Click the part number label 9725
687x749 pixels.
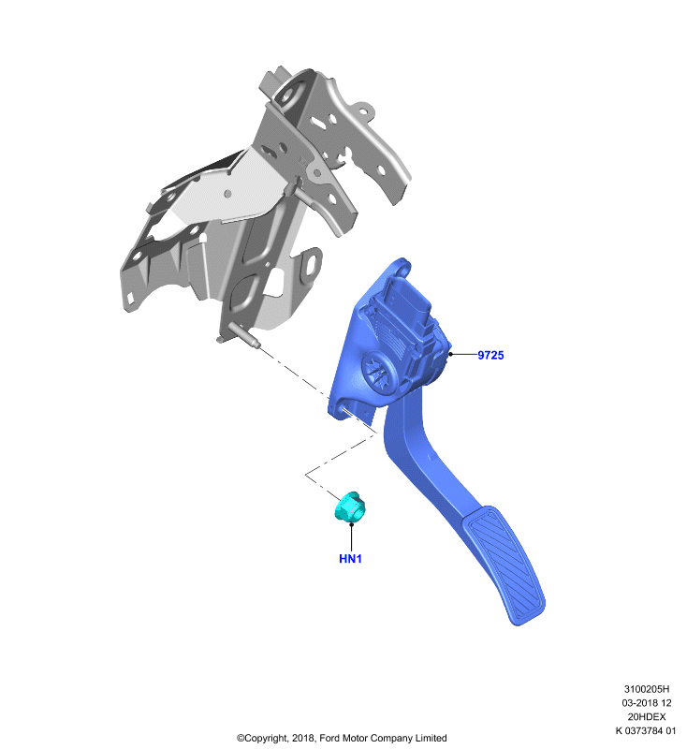point(490,355)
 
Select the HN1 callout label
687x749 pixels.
point(350,558)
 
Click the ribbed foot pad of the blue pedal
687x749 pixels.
point(504,565)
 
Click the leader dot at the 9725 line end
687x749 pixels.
point(450,354)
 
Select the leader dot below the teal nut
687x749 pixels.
point(351,524)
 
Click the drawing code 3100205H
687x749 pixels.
point(647,689)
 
